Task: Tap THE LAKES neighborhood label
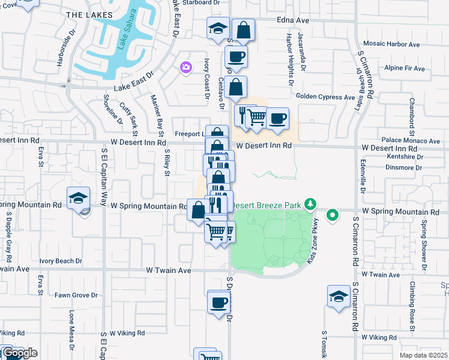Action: (x=89, y=14)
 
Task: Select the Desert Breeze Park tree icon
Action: (x=310, y=205)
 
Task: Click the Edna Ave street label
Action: (x=293, y=20)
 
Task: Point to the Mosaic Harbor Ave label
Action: (x=393, y=44)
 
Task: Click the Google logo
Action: (x=19, y=353)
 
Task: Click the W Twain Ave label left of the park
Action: (x=169, y=271)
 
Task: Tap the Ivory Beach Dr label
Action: (x=61, y=261)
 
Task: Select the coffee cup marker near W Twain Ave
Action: (x=219, y=302)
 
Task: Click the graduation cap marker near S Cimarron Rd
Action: (x=339, y=296)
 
